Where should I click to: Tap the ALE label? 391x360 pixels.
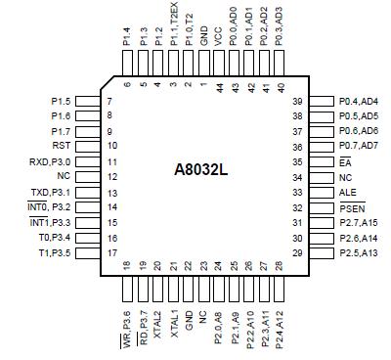345,193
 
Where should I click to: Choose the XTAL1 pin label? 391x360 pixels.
173,315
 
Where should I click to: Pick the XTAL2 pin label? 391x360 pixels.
157,315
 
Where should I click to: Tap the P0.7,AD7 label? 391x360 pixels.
358,146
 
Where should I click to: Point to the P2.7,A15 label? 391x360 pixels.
358,224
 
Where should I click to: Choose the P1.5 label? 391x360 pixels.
61,100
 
